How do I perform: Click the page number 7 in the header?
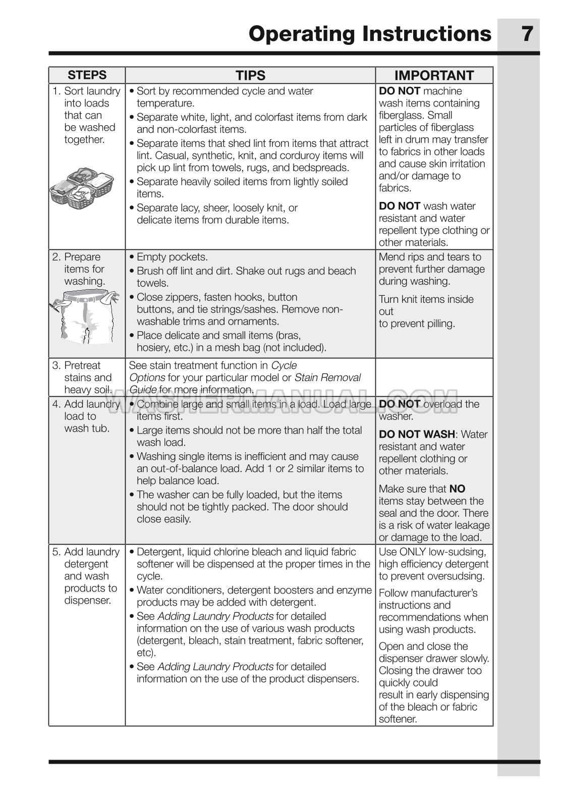click(x=527, y=34)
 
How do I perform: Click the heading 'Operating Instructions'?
click(x=370, y=34)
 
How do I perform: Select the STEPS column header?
click(x=87, y=75)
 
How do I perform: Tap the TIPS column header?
click(x=250, y=76)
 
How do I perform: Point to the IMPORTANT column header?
click(x=434, y=76)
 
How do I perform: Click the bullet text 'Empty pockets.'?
click(x=172, y=257)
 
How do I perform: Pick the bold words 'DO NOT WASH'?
click(x=417, y=435)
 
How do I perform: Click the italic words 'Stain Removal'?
click(x=327, y=378)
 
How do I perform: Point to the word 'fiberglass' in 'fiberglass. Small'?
click(x=402, y=115)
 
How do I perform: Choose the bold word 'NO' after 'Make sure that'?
click(x=457, y=489)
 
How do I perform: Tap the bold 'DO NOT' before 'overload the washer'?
click(x=400, y=404)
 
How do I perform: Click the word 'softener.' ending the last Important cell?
click(x=398, y=719)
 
